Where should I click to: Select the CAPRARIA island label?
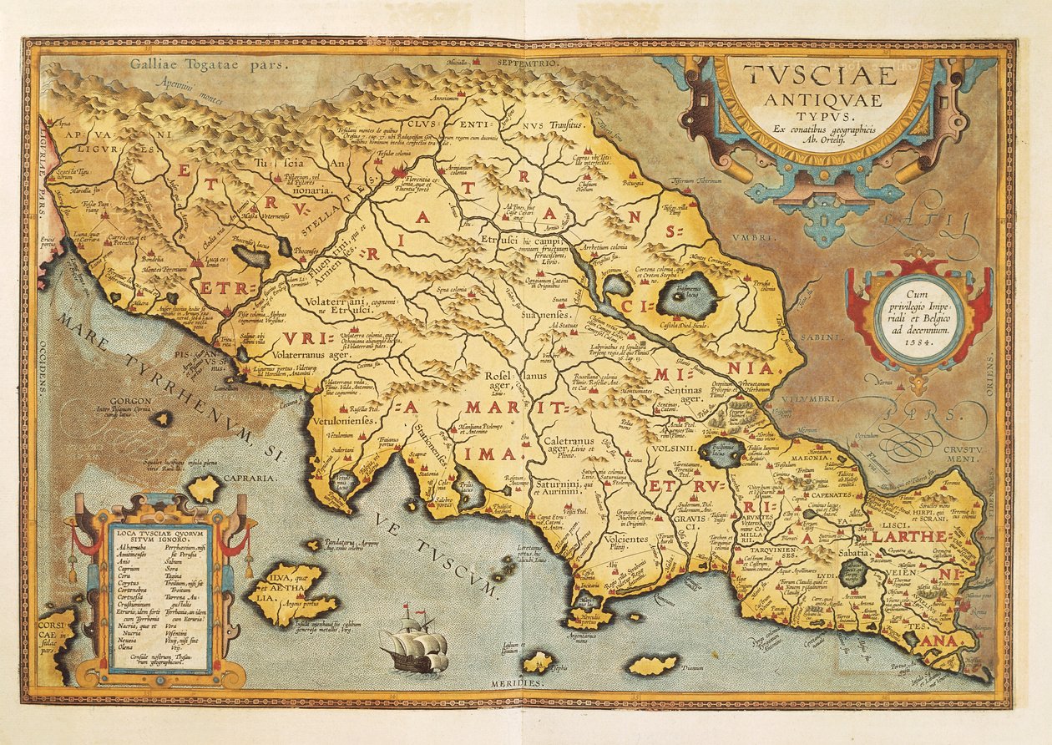(248, 478)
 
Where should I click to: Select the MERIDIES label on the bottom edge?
(523, 682)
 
